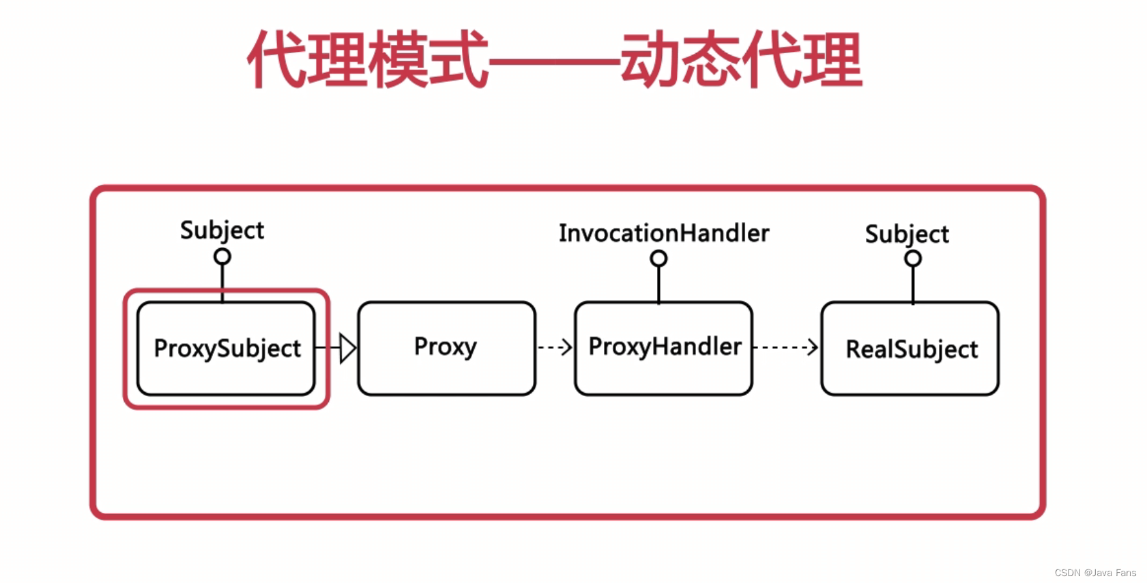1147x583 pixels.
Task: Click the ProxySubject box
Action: [x=226, y=348]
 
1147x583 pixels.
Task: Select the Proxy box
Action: [x=446, y=348]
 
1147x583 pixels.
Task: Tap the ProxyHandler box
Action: [x=663, y=348]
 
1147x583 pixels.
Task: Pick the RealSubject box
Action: [x=910, y=348]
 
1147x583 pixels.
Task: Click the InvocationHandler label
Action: [x=663, y=233]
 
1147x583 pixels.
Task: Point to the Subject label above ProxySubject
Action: [x=222, y=230]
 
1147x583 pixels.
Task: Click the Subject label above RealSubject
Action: [x=907, y=235]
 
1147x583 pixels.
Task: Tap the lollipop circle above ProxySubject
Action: [x=222, y=257]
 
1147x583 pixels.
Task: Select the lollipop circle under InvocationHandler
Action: [x=658, y=258]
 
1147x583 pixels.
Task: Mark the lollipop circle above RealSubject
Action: [x=913, y=259]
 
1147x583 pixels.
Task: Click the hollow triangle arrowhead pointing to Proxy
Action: [x=347, y=348]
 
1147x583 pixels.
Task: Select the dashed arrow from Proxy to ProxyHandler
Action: [x=555, y=348]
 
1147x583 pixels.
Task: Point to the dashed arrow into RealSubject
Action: [x=786, y=347]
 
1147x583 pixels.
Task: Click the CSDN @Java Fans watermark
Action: [x=1094, y=573]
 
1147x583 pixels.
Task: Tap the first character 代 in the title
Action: [x=276, y=60]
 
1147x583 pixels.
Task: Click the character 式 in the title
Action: [x=459, y=60]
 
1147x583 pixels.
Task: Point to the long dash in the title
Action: [x=554, y=62]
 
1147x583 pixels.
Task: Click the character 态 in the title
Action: [x=710, y=60]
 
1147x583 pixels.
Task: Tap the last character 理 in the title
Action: [x=832, y=60]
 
